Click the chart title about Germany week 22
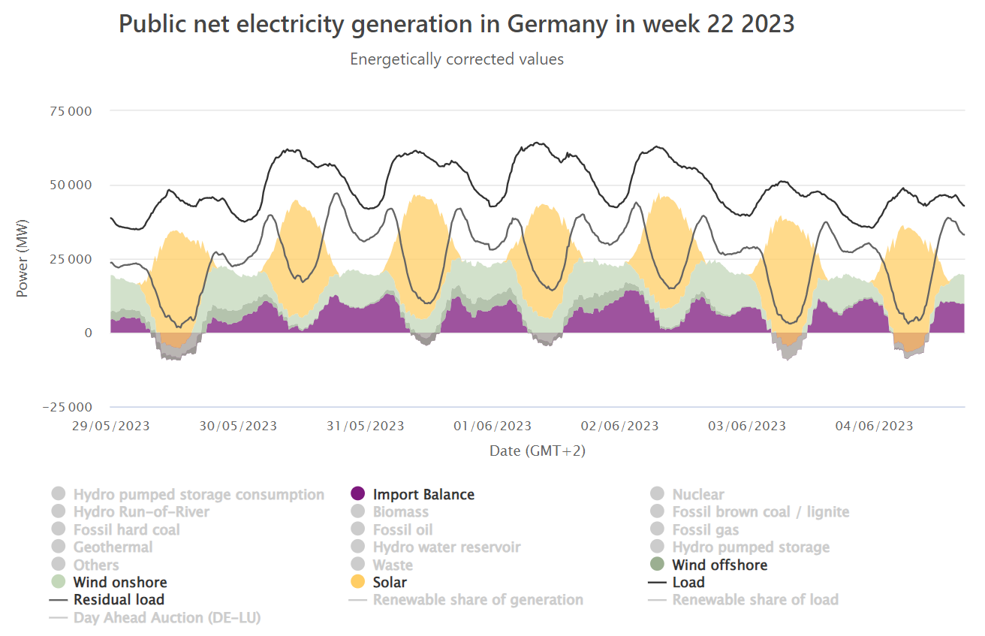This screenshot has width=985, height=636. click(x=456, y=24)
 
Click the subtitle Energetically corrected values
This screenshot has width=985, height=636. click(x=456, y=59)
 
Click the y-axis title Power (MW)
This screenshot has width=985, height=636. click(x=22, y=259)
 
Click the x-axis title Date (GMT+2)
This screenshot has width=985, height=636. click(x=537, y=451)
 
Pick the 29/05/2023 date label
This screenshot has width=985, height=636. click(x=110, y=426)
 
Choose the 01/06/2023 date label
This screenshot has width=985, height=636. click(x=492, y=426)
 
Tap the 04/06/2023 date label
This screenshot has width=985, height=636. click(x=874, y=426)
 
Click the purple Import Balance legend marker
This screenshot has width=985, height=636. click(x=358, y=494)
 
